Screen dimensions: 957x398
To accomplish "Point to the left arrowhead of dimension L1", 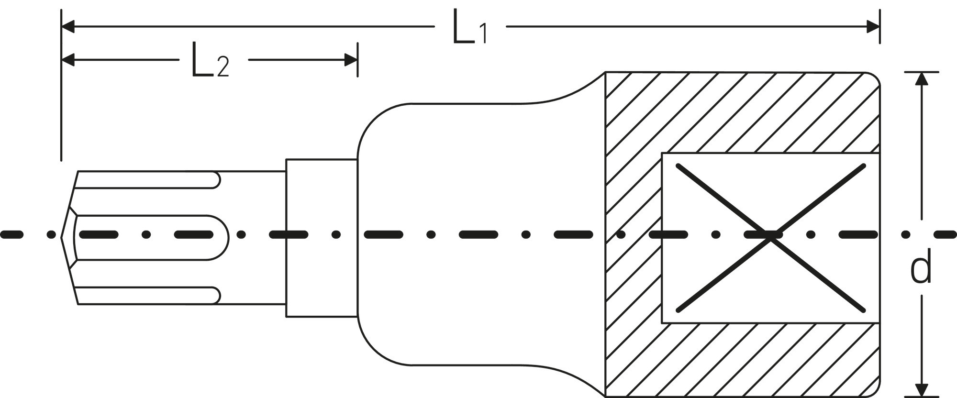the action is (x=68, y=27).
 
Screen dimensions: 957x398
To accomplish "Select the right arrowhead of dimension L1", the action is (x=873, y=27).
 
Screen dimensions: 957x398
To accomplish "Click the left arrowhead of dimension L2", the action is (x=68, y=60).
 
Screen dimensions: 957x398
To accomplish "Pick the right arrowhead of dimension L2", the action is (x=351, y=60).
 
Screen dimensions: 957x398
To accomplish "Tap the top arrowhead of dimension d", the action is (x=922, y=78).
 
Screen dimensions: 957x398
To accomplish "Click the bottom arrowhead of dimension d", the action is (x=922, y=390).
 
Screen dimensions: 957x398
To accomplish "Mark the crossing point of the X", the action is (x=770, y=237).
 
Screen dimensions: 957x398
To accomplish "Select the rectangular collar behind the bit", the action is (x=322, y=238).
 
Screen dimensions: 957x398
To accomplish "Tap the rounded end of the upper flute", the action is (x=216, y=179).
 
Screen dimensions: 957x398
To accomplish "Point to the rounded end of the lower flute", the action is (x=216, y=295).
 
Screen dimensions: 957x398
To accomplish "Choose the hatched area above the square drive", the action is (x=742, y=112).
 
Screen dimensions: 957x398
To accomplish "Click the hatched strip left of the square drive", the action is (x=634, y=238).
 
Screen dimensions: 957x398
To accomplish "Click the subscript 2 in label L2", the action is (x=223, y=67).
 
